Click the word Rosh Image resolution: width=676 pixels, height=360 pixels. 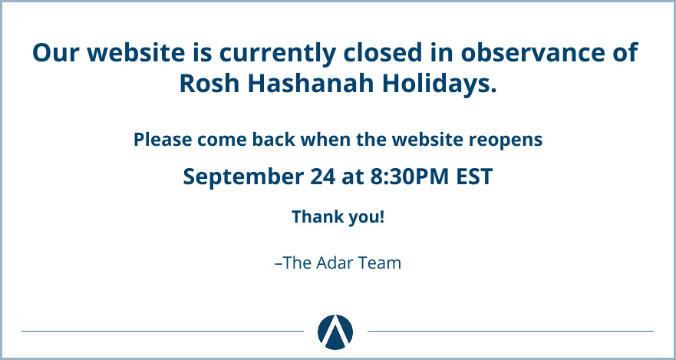209,83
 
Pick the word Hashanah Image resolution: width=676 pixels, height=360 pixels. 311,83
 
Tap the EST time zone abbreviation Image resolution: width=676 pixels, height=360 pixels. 474,177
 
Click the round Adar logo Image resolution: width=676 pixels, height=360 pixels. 335,332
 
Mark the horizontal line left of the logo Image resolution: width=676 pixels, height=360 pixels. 163,331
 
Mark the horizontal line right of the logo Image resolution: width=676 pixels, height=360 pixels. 510,331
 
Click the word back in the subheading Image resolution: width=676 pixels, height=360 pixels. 274,140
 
